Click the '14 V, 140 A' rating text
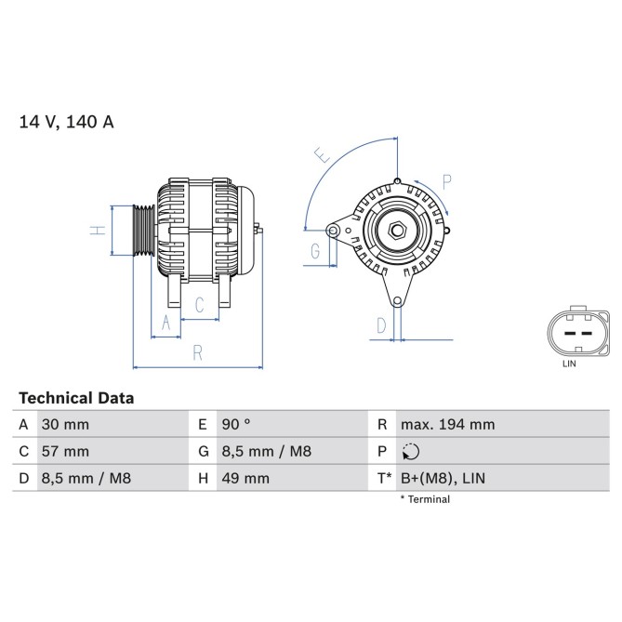tap(66, 122)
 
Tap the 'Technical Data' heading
tap(76, 398)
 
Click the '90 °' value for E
tap(236, 425)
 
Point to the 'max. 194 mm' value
tap(447, 425)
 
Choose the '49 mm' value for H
tap(245, 479)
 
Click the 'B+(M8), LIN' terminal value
tap(443, 479)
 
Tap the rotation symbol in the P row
tap(412, 452)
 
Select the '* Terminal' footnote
tap(425, 499)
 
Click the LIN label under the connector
tap(569, 364)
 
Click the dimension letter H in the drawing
tap(96, 230)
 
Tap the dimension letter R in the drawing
tap(197, 352)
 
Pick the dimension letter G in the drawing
tap(315, 251)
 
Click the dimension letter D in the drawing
tap(381, 324)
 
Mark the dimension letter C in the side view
tap(199, 305)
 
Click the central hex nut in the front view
tap(397, 231)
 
